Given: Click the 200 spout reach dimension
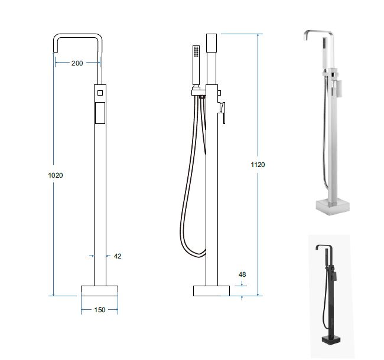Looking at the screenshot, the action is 77,63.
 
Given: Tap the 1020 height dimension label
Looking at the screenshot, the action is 56,175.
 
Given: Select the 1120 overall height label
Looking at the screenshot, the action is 258,165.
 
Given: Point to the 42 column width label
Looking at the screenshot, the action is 118,256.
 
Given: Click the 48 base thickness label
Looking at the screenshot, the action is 242,274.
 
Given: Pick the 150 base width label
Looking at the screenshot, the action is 100,310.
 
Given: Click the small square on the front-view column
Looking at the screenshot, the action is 100,93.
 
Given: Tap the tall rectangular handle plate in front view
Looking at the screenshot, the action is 100,113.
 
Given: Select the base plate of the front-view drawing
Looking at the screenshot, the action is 99,291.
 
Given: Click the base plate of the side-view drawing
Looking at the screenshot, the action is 211,291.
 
